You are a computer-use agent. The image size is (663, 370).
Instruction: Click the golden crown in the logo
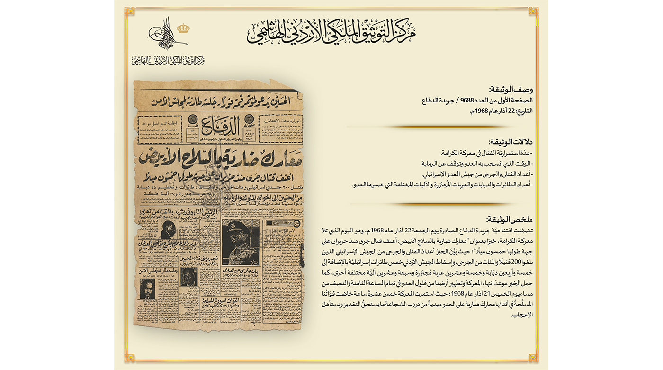tap(183, 28)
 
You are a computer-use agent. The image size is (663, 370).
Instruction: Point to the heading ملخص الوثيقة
tap(509, 219)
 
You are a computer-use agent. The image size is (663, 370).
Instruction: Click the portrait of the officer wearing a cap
tap(241, 242)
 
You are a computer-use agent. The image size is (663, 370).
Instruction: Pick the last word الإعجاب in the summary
tap(523, 314)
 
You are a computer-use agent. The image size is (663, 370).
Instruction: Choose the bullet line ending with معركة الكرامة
tap(485, 153)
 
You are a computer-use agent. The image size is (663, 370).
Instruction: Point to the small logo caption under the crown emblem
tap(168, 60)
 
